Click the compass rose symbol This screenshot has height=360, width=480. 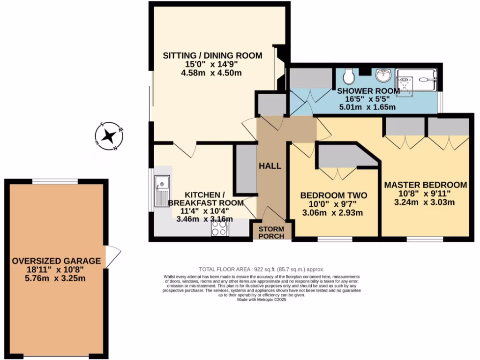pyautogui.click(x=109, y=136)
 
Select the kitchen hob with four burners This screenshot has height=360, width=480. pyautogui.click(x=219, y=228)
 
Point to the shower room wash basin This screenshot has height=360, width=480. pyautogui.click(x=384, y=75)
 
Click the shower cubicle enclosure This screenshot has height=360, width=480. pyautogui.click(x=416, y=82)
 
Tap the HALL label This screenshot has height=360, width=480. pyautogui.click(x=270, y=166)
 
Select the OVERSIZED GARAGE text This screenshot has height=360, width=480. pyautogui.click(x=56, y=261)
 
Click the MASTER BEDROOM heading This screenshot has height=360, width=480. pyautogui.click(x=426, y=185)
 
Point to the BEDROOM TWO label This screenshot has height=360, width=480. pyautogui.click(x=333, y=195)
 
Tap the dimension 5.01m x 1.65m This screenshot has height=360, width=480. pyautogui.click(x=367, y=107)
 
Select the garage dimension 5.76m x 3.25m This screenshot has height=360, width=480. pyautogui.click(x=56, y=277)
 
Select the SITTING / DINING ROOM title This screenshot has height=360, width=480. pyautogui.click(x=212, y=56)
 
